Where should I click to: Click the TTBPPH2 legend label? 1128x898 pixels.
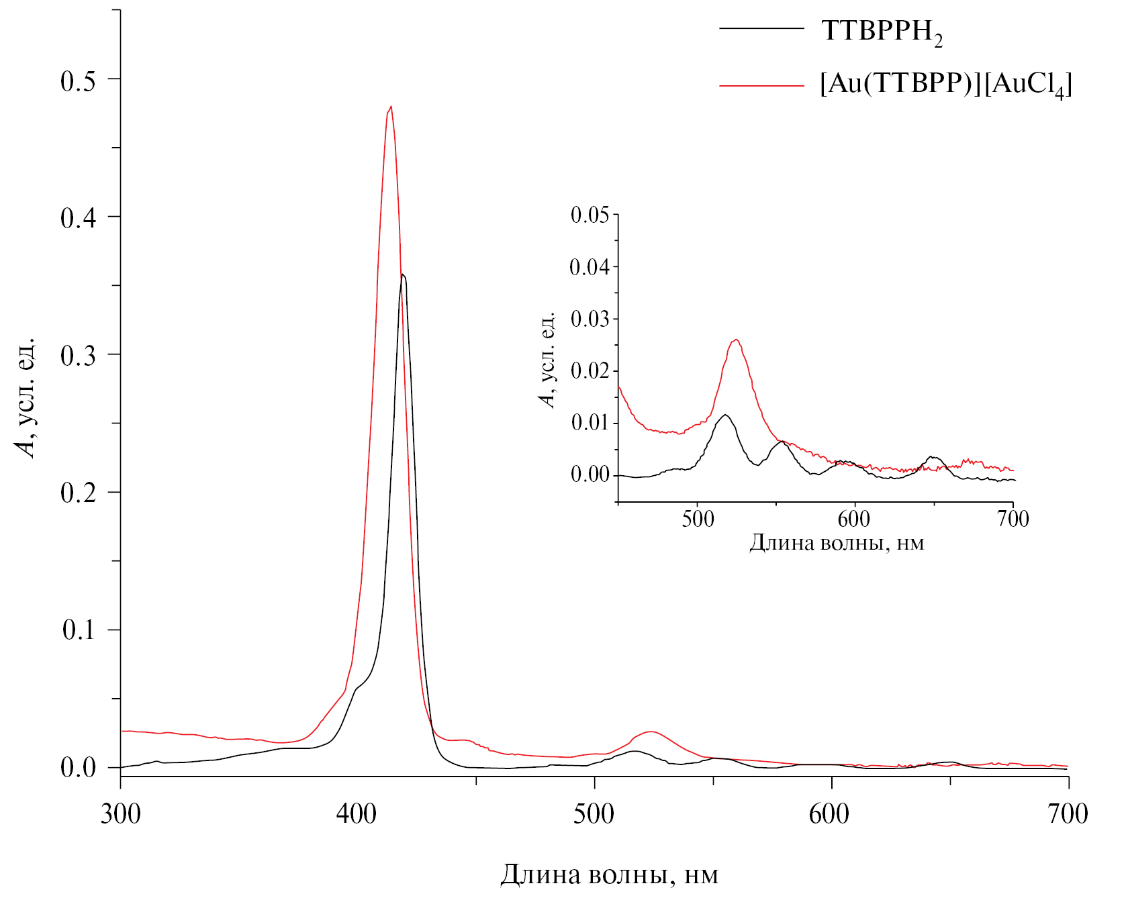[x=882, y=32]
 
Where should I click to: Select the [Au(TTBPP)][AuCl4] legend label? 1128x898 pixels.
[x=945, y=85]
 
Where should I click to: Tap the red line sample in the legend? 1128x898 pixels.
[x=761, y=86]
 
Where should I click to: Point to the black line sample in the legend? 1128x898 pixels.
[x=761, y=29]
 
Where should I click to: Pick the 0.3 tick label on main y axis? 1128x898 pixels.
[x=79, y=356]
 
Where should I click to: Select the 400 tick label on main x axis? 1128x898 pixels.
[x=357, y=814]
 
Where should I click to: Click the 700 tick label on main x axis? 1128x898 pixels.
[x=1067, y=814]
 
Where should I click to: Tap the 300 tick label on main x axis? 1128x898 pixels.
[x=121, y=814]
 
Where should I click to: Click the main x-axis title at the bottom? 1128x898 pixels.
[x=609, y=875]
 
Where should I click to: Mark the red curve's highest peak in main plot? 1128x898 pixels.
[x=391, y=107]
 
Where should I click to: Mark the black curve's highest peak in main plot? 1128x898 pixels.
[x=402, y=275]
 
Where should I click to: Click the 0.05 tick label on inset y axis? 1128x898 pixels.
[x=590, y=215]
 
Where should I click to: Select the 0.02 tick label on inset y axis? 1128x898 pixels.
[x=590, y=370]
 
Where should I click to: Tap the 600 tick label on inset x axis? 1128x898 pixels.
[x=854, y=519]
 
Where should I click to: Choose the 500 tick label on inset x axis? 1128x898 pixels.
[x=697, y=519]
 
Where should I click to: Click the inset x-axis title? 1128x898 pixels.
[x=837, y=542]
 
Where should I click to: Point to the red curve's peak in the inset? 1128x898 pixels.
[x=737, y=340]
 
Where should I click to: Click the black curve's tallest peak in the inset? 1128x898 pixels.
[x=725, y=415]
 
